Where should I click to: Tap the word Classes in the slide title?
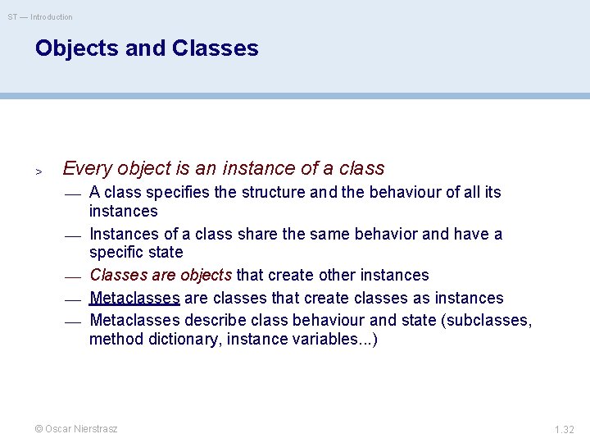(x=216, y=48)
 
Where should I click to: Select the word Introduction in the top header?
(x=52, y=17)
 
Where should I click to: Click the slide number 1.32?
(x=564, y=429)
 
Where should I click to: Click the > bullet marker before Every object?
(x=38, y=171)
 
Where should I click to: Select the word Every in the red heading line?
(x=87, y=169)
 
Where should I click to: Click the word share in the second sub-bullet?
(x=256, y=235)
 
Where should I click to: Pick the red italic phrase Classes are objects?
(x=161, y=275)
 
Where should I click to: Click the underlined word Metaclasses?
(x=135, y=298)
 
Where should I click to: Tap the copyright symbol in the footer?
(x=39, y=429)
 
